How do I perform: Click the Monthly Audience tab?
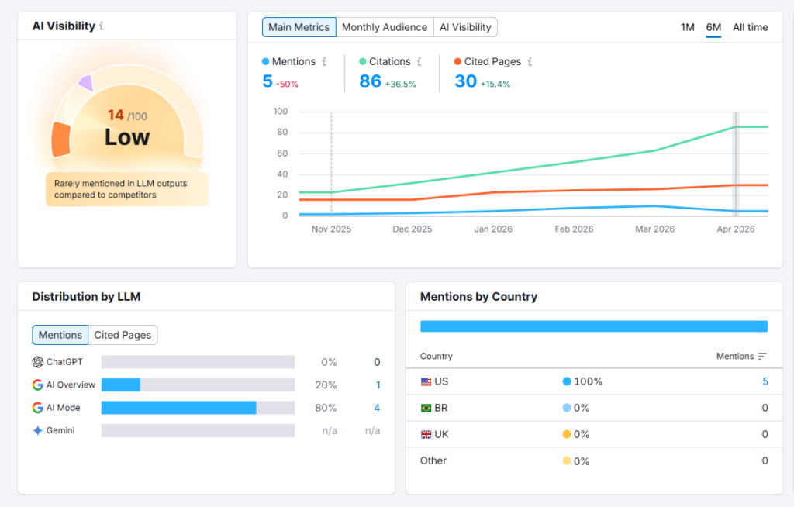tap(384, 27)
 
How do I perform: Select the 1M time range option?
tap(687, 27)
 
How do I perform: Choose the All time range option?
tap(750, 27)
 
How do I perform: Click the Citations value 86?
tap(371, 81)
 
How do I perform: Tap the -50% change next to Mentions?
tap(288, 84)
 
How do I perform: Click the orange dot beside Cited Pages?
tap(457, 61)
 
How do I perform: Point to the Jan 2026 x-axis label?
tap(493, 229)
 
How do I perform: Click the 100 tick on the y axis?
tap(280, 112)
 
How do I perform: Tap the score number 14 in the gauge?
tap(116, 116)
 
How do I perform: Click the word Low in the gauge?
tap(127, 137)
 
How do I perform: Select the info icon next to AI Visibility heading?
tap(102, 26)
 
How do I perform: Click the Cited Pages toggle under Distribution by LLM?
tap(123, 335)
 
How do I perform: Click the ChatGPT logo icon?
tap(37, 362)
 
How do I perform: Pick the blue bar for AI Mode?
tap(178, 408)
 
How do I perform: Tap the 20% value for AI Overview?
tap(326, 385)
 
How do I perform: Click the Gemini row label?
tap(60, 430)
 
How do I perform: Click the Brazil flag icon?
tap(426, 408)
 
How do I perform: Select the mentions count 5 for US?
tap(765, 381)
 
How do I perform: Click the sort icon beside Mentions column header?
tap(762, 357)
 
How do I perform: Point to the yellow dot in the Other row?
tap(567, 460)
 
